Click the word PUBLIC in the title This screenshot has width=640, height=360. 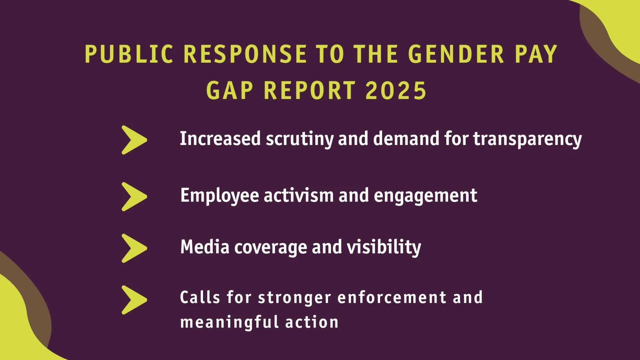coord(129,54)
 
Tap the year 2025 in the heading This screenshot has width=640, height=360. coord(396,90)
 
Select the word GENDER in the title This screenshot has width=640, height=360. coord(456,54)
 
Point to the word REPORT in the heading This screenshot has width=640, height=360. coord(310,90)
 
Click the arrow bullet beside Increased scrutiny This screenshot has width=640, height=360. coord(134,140)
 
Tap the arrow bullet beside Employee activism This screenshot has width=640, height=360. coord(134,197)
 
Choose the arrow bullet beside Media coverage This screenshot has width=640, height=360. coord(134,248)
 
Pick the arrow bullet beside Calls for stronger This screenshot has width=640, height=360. coord(134,300)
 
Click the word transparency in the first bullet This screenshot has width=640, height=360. coord(528,139)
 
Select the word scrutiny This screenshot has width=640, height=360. coord(299,139)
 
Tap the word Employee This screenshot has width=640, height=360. coord(219,196)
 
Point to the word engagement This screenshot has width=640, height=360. coord(426,196)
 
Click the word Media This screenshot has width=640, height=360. coord(205,247)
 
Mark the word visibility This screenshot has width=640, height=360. coord(384,248)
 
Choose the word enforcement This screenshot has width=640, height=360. coord(392,297)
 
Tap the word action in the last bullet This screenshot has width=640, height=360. coord(312,323)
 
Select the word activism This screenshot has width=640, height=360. coord(299,196)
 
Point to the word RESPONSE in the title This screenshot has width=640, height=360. coord(245,54)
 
